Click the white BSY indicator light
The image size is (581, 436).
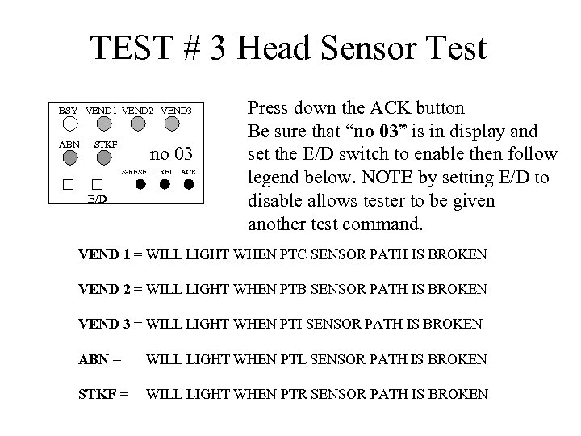pyautogui.click(x=70, y=124)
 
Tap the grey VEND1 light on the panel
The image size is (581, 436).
pyautogui.click(x=104, y=124)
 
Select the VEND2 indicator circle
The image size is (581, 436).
pyautogui.click(x=139, y=124)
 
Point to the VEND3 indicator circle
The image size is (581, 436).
pyautogui.click(x=173, y=124)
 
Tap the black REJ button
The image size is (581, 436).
pyautogui.click(x=165, y=184)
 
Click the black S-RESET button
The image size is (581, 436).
pyautogui.click(x=140, y=184)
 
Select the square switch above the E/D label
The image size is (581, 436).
pyautogui.click(x=97, y=184)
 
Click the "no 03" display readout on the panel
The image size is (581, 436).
pyautogui.click(x=172, y=153)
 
